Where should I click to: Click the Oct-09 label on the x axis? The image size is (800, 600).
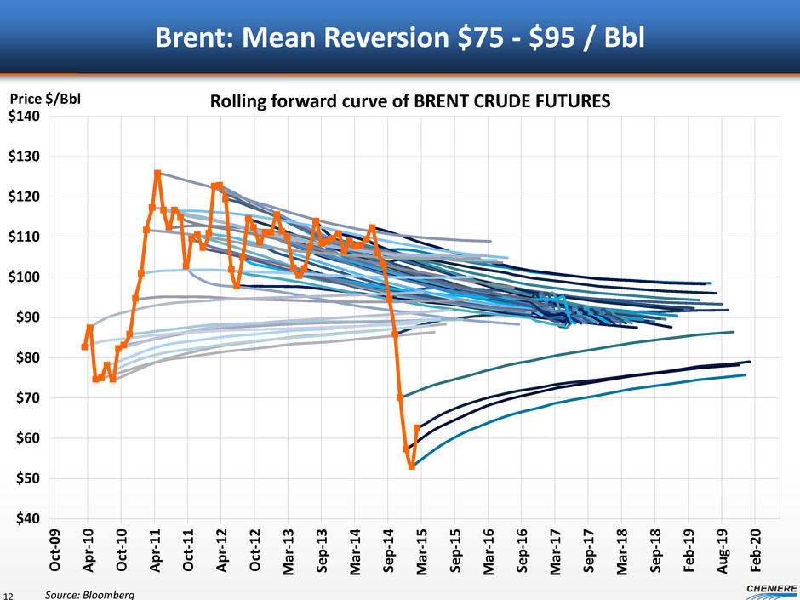point(55,546)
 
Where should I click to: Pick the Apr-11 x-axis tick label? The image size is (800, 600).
point(156,546)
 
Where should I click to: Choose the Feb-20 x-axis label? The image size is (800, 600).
point(755,546)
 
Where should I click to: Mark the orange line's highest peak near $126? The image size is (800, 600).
point(157,174)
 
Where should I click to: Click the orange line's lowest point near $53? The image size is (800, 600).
point(412,466)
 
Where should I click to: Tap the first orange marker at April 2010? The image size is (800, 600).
point(84,346)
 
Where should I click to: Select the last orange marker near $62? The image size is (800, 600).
point(417,428)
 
